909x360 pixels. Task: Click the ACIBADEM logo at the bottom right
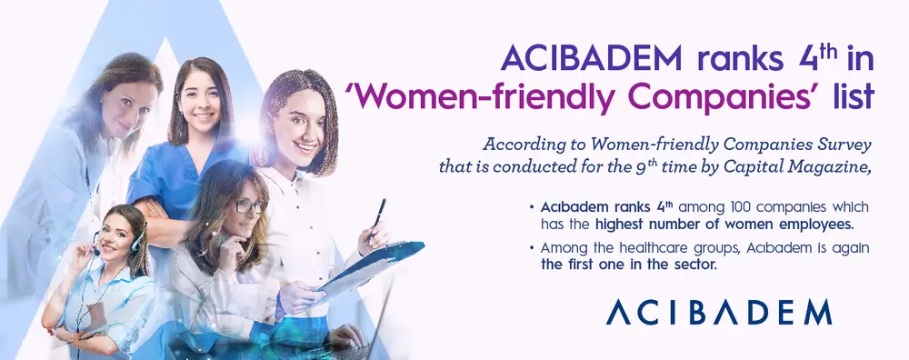(719, 313)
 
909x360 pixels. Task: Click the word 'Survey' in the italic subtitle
(843, 145)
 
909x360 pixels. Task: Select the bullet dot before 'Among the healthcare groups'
(532, 249)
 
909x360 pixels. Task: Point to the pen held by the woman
(378, 217)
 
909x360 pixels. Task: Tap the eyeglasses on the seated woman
(251, 205)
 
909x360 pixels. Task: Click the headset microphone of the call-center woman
(97, 253)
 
